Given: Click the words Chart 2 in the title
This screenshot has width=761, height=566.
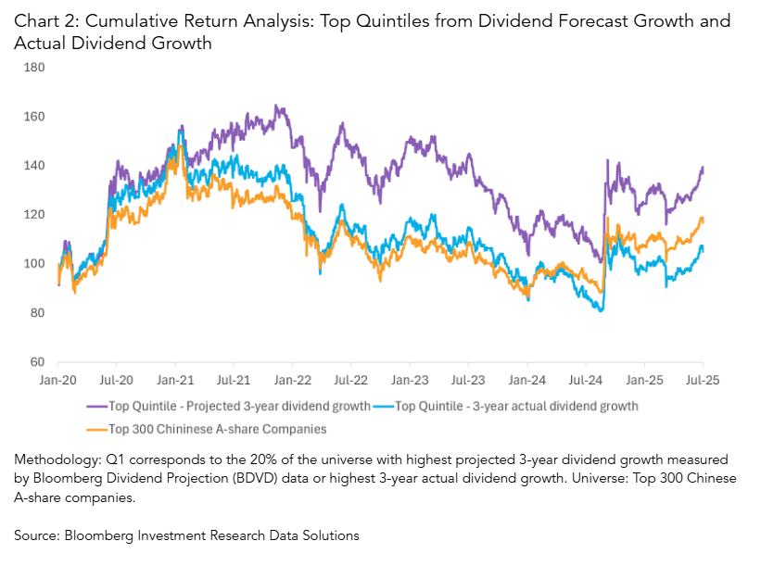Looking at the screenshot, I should click(43, 20).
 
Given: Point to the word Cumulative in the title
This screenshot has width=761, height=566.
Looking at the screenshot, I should click(124, 20).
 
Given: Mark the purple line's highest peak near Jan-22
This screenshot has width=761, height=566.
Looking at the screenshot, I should click(276, 106).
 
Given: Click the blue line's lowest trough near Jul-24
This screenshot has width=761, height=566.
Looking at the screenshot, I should click(602, 310).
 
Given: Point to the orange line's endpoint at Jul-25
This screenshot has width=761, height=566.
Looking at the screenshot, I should click(703, 220).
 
